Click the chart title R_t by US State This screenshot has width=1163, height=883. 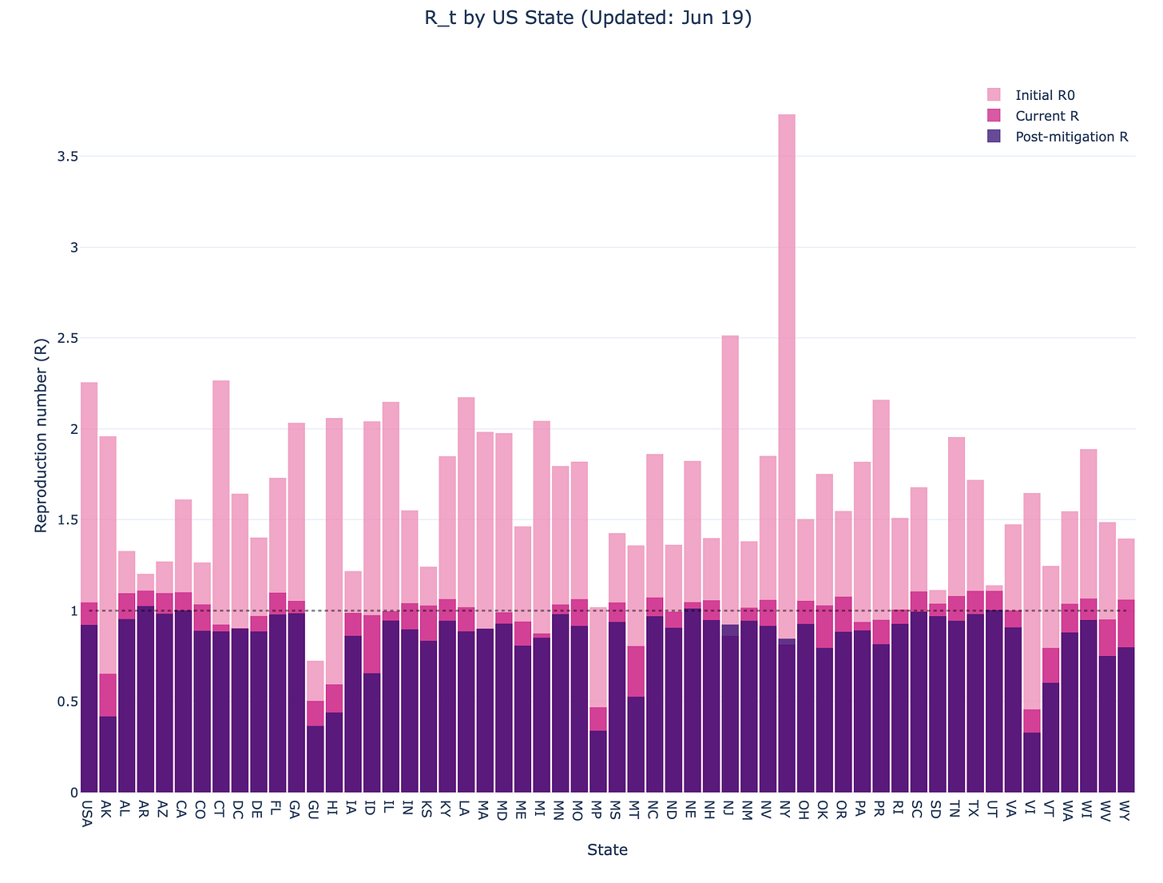pyautogui.click(x=588, y=18)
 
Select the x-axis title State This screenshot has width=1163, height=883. pyautogui.click(x=607, y=850)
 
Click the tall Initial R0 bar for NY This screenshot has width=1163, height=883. pyautogui.click(x=787, y=360)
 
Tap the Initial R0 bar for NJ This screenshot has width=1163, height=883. pyautogui.click(x=730, y=479)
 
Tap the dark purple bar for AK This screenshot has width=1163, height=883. pyautogui.click(x=107, y=755)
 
